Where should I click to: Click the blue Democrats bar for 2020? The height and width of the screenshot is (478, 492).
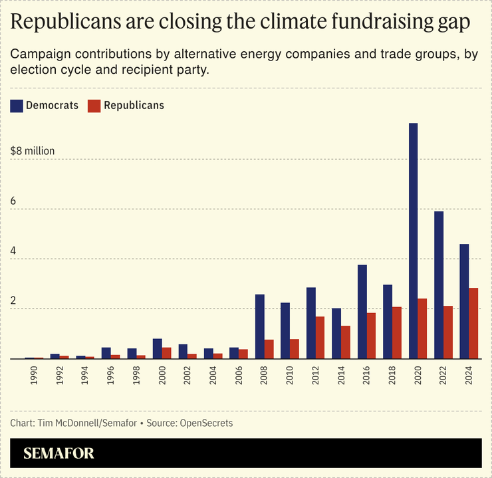[x=413, y=241]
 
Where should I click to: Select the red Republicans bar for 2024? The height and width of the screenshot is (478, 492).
[x=473, y=323]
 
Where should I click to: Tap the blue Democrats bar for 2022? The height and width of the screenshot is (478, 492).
[x=439, y=285]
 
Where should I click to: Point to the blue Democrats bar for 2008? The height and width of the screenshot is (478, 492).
[x=260, y=326]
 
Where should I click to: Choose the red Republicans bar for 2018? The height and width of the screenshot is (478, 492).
[x=397, y=332]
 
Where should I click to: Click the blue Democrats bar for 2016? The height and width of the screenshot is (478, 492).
[x=362, y=312]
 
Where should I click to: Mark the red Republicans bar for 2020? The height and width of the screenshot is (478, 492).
[x=422, y=328]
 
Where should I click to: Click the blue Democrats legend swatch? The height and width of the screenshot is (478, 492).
[x=17, y=105]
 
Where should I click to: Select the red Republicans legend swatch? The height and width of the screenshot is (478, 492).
[x=94, y=105]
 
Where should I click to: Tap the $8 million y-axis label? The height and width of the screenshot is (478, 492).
[x=33, y=151]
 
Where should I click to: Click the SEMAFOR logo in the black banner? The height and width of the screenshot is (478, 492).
[x=59, y=454]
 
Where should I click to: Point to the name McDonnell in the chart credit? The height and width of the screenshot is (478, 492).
[x=83, y=423]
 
